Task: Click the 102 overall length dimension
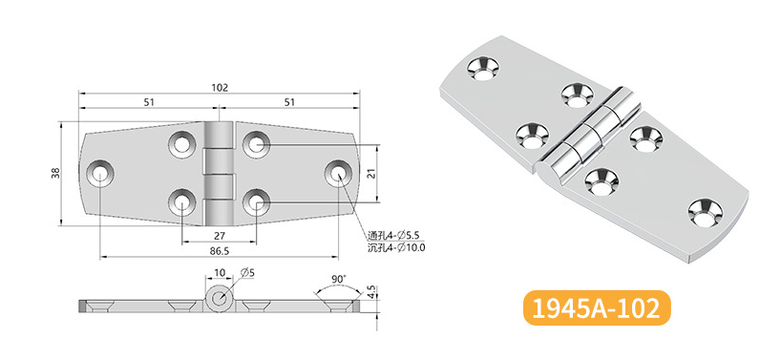point(220,87)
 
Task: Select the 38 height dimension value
point(55,173)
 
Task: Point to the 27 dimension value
point(220,236)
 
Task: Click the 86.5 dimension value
point(220,251)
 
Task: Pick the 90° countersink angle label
point(338,280)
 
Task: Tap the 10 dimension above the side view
point(220,272)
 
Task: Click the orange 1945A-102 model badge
point(596,307)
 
